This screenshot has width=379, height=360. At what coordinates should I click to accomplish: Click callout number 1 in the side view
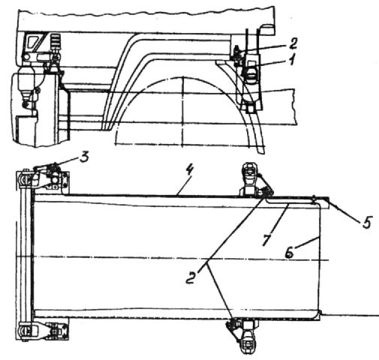(x=291, y=60)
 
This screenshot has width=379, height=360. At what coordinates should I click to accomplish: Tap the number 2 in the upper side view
(x=292, y=43)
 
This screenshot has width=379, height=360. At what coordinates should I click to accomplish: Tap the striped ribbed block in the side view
(x=56, y=40)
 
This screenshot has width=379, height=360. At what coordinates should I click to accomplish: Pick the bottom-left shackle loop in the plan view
(x=24, y=331)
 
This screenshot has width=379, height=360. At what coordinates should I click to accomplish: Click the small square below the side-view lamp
(x=250, y=108)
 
